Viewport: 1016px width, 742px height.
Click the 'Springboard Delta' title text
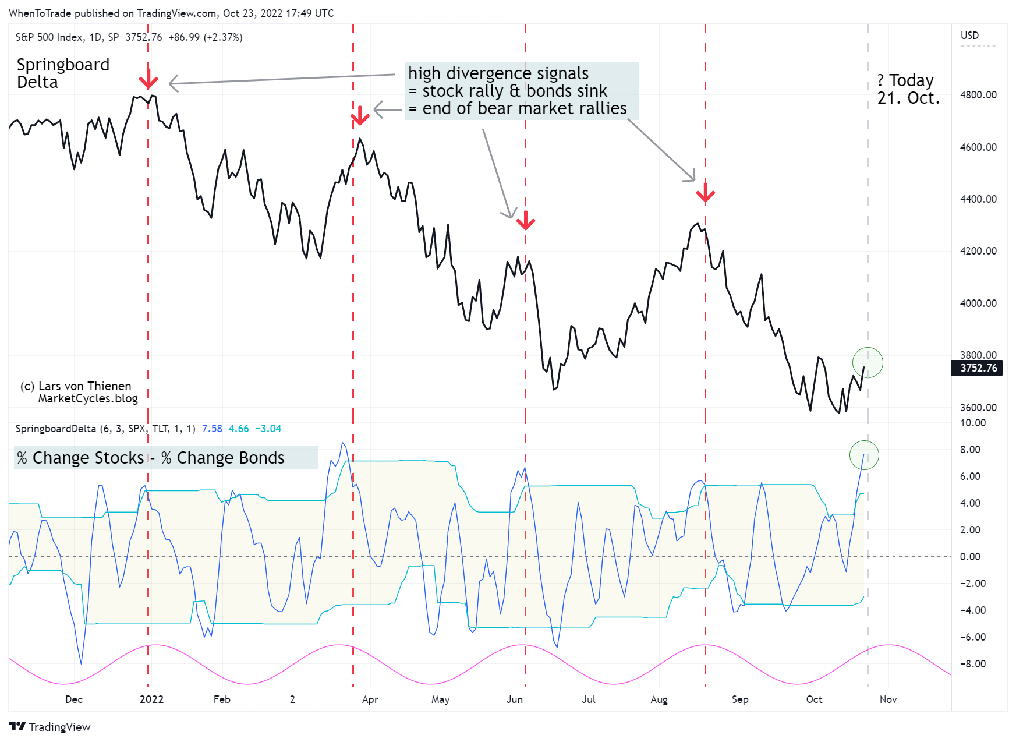pos(63,73)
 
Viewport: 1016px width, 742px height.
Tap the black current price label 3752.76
pos(978,368)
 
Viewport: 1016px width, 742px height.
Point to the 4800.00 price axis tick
pos(978,95)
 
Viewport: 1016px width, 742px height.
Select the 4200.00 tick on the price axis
pos(978,251)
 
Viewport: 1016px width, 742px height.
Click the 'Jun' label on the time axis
pos(515,699)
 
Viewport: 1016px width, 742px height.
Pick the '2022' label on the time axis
pos(151,699)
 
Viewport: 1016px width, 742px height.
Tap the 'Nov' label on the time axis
pos(888,699)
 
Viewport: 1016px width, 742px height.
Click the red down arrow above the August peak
pos(705,194)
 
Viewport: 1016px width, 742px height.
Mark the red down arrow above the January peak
pos(148,79)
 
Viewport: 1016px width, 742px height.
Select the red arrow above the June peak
pos(526,220)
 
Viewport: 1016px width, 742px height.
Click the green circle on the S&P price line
pos(868,362)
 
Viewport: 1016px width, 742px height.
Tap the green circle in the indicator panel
pos(864,455)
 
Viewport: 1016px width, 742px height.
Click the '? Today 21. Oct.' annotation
pos(908,89)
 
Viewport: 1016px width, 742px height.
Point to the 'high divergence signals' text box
pos(522,91)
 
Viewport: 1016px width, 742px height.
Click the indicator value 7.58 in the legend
pos(212,429)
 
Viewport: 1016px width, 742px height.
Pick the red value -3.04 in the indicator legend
pos(268,429)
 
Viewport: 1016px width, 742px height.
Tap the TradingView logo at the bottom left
pos(50,727)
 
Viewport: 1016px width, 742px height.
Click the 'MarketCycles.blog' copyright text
pos(88,398)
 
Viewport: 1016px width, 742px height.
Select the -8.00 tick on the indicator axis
pos(973,664)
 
